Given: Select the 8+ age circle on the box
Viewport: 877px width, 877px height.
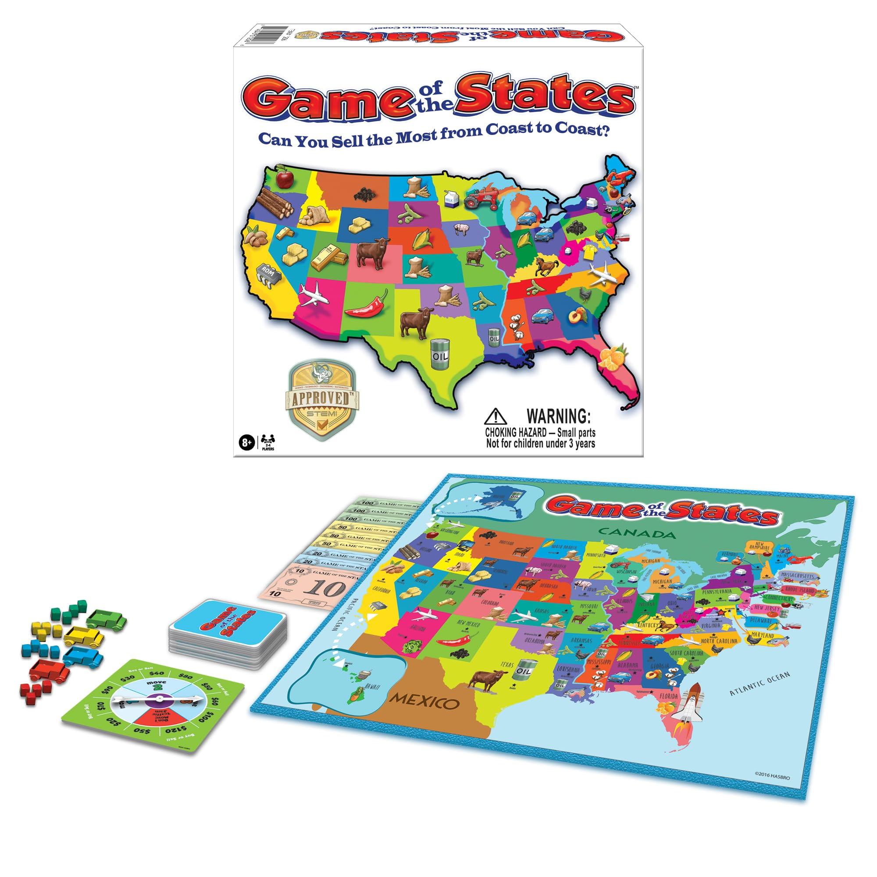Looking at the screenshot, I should coord(246,442).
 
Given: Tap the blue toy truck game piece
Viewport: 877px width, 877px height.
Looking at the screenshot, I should coord(83,656).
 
